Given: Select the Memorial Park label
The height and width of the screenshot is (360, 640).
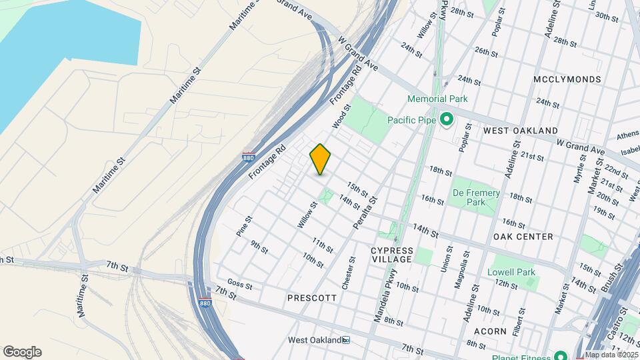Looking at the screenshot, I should (438, 99).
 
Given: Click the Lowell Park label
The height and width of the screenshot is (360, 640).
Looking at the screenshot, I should (511, 272).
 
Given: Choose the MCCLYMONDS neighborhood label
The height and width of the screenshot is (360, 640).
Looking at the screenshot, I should (567, 79).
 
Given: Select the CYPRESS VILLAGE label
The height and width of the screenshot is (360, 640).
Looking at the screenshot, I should (393, 255).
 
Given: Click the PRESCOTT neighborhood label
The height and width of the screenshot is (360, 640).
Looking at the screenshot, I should (312, 298).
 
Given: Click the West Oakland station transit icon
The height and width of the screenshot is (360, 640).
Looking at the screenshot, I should (346, 340).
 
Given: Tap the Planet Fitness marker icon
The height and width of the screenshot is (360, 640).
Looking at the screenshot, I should (561, 355).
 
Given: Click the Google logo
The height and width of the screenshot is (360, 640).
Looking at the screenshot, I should (22, 352).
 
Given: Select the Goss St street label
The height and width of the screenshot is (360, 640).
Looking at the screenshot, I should (239, 285).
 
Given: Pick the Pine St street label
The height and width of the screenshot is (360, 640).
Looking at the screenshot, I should (243, 226).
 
